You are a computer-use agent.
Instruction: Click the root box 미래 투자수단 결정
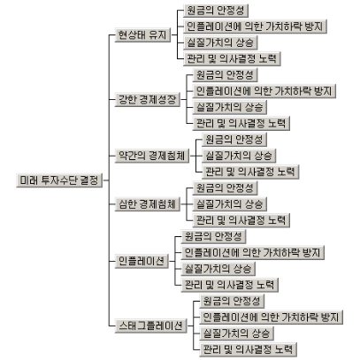(x=59, y=180)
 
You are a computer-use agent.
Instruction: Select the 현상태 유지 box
(x=142, y=34)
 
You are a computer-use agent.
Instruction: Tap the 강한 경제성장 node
(x=148, y=99)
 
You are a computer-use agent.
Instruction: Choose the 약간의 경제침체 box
(x=152, y=156)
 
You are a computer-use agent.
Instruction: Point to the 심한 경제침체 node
(x=148, y=204)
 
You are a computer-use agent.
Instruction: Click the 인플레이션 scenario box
(x=142, y=261)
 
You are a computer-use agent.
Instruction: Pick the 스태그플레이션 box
(x=150, y=326)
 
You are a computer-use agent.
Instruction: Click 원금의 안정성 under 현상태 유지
(x=216, y=11)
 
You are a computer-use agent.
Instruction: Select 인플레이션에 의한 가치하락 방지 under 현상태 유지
(x=255, y=27)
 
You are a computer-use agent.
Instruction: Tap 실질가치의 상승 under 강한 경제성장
(x=230, y=107)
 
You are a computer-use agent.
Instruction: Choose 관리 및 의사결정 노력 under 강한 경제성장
(x=241, y=124)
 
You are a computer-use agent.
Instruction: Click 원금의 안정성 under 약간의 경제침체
(x=234, y=140)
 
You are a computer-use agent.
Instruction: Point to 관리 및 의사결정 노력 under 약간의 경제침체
(x=250, y=172)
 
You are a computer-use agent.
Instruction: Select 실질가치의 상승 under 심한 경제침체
(x=230, y=204)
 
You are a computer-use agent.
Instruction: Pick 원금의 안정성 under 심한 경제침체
(x=225, y=188)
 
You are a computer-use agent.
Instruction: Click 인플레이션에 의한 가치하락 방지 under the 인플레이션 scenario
(x=253, y=253)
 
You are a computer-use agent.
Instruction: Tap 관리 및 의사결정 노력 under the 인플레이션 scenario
(x=230, y=285)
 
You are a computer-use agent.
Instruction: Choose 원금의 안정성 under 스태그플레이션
(x=232, y=302)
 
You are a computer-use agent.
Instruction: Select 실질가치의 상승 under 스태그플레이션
(x=236, y=333)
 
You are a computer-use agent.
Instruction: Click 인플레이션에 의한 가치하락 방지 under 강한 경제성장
(x=264, y=91)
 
